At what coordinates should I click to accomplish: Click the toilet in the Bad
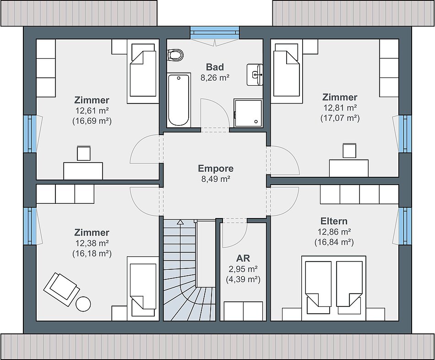pyautogui.click(x=175, y=55)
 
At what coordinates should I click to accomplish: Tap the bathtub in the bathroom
pyautogui.click(x=179, y=100)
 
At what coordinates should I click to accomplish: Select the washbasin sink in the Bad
pyautogui.click(x=255, y=74)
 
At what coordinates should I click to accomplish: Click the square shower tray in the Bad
pyautogui.click(x=248, y=112)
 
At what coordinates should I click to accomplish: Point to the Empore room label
pyautogui.click(x=216, y=169)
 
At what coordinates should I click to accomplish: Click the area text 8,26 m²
pyautogui.click(x=215, y=78)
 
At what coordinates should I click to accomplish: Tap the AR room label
pyautogui.click(x=243, y=258)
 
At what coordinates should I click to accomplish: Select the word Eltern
pyautogui.click(x=334, y=221)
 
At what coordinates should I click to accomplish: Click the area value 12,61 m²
pyautogui.click(x=92, y=110)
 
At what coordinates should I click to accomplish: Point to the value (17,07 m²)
pyautogui.click(x=340, y=118)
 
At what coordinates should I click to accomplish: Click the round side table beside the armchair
pyautogui.click(x=83, y=304)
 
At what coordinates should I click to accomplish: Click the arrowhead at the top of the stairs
pyautogui.click(x=180, y=222)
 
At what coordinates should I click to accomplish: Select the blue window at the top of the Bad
pyautogui.click(x=214, y=33)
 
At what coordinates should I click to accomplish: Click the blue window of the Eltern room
pyautogui.click(x=405, y=226)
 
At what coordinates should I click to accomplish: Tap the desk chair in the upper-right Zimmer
pyautogui.click(x=349, y=151)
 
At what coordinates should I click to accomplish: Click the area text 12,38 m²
pyautogui.click(x=92, y=243)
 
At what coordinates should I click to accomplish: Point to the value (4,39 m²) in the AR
pyautogui.click(x=243, y=279)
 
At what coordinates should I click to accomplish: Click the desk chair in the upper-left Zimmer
pyautogui.click(x=83, y=153)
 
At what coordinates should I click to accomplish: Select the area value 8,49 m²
pyautogui.click(x=216, y=179)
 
